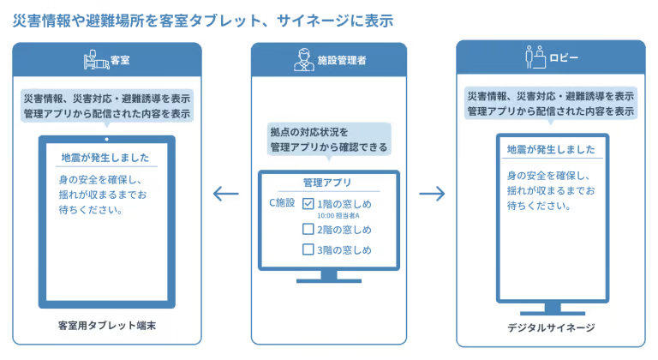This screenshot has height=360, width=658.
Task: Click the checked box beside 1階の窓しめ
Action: pyautogui.click(x=309, y=204)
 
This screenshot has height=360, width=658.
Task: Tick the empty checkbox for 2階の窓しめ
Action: pyautogui.click(x=309, y=229)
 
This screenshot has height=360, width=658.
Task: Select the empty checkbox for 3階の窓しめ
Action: pyautogui.click(x=309, y=250)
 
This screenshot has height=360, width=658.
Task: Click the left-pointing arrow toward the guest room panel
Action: pyautogui.click(x=225, y=194)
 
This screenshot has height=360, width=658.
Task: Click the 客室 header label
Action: pyautogui.click(x=120, y=61)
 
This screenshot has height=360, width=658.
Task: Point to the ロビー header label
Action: pyautogui.click(x=563, y=58)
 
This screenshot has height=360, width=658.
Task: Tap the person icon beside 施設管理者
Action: pyautogui.click(x=302, y=60)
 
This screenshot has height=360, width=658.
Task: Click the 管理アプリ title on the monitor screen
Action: pyautogui.click(x=327, y=183)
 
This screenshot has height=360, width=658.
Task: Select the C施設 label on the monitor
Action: pyautogui.click(x=282, y=203)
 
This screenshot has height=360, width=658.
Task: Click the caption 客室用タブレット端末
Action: pyautogui.click(x=107, y=326)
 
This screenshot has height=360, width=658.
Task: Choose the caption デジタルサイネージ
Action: pyautogui.click(x=551, y=328)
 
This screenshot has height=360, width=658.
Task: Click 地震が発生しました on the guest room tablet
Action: pyautogui.click(x=105, y=158)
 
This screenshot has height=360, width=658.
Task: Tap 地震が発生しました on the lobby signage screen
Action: pyautogui.click(x=551, y=149)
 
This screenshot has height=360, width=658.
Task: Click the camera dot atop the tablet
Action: pyautogui.click(x=106, y=139)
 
